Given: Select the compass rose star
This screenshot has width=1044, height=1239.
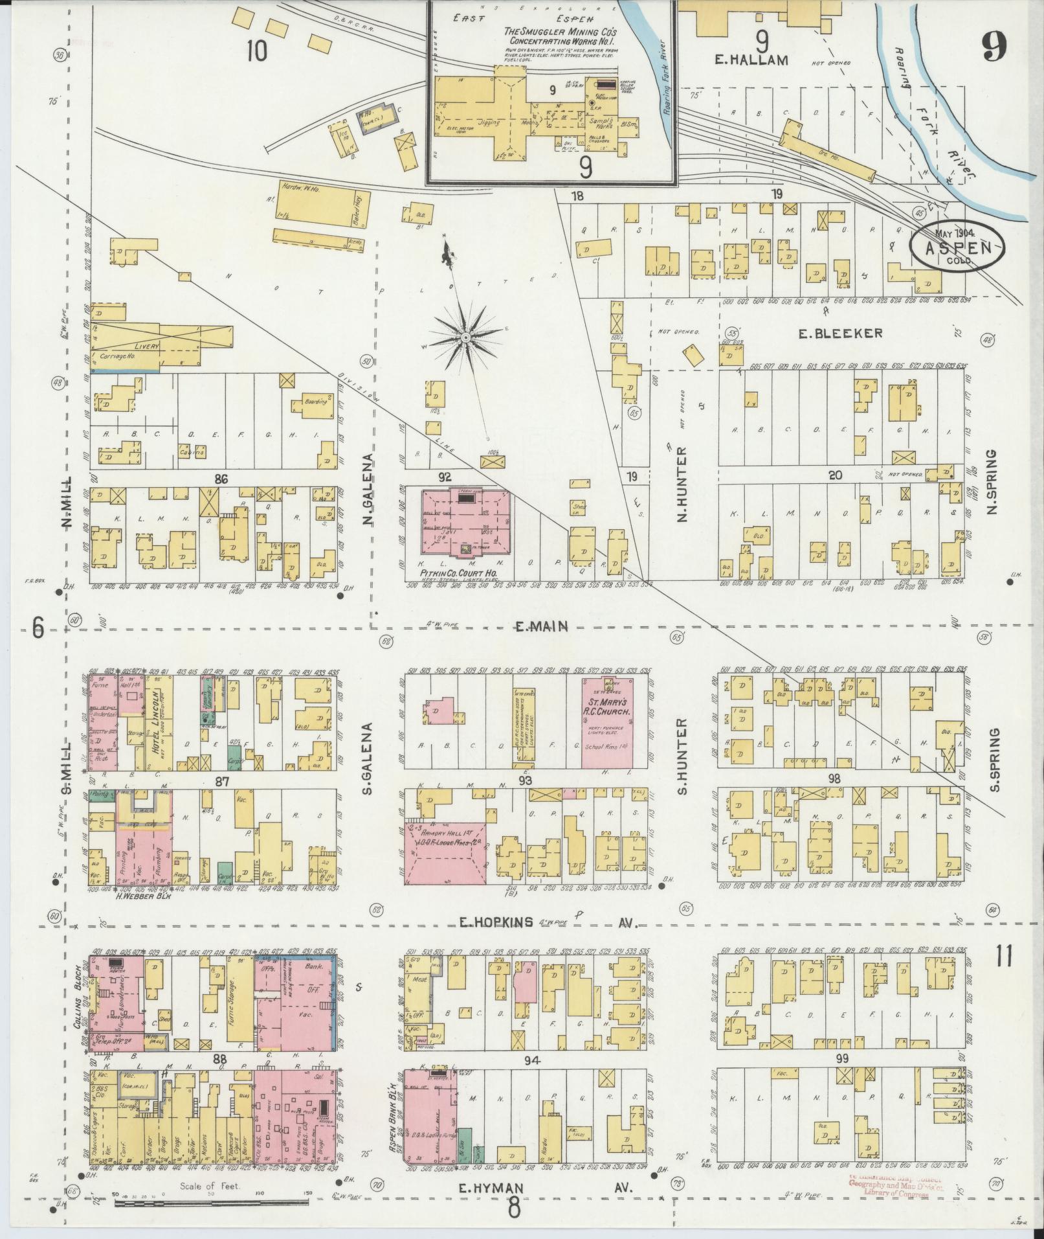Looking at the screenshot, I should point(465,337).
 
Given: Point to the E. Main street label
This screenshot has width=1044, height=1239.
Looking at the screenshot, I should point(542,626).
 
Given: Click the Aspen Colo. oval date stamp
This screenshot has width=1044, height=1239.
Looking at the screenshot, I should point(958,246).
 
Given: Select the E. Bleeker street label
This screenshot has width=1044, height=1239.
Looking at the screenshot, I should point(839,333).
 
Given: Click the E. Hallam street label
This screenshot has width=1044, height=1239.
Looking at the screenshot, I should point(751,60).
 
